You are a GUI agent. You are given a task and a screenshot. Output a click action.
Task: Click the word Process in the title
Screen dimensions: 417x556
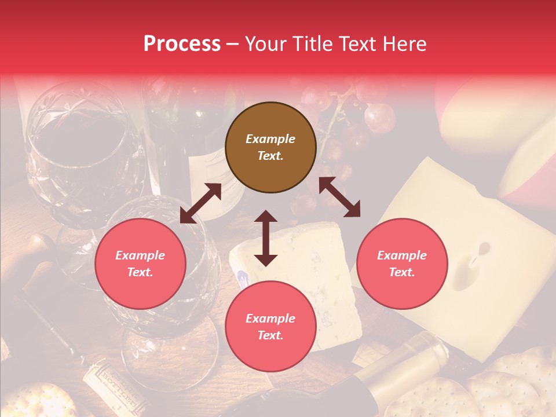coord(182,44)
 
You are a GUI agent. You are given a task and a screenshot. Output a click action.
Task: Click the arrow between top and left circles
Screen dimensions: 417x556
coord(200,203)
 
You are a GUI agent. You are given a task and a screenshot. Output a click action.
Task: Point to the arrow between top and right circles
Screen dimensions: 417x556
coord(339,197)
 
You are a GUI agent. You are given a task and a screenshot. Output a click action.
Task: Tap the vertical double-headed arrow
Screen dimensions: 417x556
coord(266,238)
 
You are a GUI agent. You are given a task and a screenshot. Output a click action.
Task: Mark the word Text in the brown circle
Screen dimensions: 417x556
coord(270,156)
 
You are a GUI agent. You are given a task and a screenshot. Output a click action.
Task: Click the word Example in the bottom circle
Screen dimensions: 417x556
coord(270,319)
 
